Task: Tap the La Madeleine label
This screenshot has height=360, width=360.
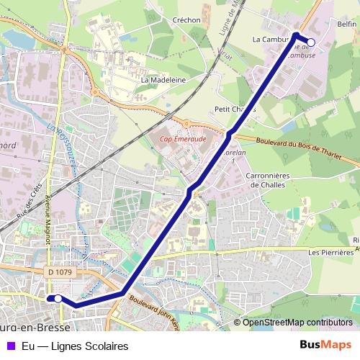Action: pos(164,80)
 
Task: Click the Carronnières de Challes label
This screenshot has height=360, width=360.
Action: pos(267,179)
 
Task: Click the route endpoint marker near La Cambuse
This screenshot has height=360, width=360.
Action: pos(311,42)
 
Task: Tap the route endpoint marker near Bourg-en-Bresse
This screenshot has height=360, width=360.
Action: pos(58,298)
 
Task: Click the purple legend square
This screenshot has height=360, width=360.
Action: pos(9,346)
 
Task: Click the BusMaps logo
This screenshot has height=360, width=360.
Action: pos(325,346)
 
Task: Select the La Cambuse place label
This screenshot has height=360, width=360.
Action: pos(271,40)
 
